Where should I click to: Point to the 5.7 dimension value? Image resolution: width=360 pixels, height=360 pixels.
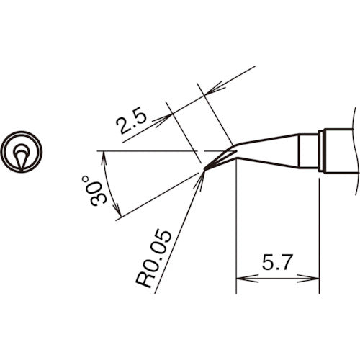(276, 265)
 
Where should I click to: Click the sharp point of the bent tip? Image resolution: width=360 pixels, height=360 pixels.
(204, 170)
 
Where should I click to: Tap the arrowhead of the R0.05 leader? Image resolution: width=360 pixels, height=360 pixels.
(202, 177)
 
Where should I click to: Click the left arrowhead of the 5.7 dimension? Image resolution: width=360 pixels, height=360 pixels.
(241, 278)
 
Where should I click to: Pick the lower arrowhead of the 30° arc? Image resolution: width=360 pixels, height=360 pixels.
(117, 212)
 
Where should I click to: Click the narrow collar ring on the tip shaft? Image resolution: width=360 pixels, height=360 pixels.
(322, 150)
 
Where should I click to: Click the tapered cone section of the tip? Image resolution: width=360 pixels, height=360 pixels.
(266, 148)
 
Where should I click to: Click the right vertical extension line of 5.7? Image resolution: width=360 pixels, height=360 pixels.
(318, 230)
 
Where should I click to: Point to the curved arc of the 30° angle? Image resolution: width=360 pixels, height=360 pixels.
(107, 184)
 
